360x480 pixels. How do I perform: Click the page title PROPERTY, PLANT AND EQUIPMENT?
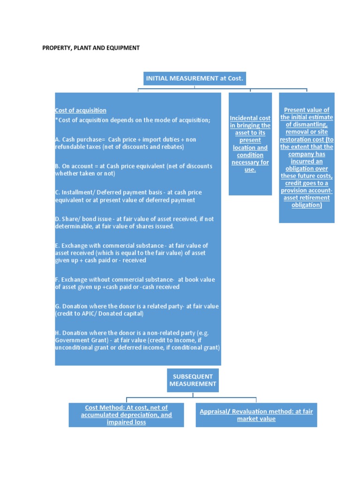[x=91, y=48]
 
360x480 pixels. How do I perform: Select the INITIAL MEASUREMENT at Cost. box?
[x=194, y=79]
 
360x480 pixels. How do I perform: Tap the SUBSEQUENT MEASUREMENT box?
[x=193, y=380]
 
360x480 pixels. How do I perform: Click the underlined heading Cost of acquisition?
[x=81, y=111]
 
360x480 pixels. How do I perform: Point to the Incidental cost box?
[x=250, y=144]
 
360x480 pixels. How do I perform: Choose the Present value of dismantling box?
[x=307, y=157]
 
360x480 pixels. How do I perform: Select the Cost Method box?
[x=126, y=415]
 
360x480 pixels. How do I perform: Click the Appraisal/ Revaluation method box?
[x=256, y=415]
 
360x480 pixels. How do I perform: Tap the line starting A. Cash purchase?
[x=126, y=140]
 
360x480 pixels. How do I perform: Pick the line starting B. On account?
[x=134, y=166]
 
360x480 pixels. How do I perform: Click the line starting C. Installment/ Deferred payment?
[x=128, y=193]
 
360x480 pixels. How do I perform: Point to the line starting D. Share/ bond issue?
[x=134, y=219]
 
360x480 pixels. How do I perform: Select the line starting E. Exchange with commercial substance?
[x=131, y=246]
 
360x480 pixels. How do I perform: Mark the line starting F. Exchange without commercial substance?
[x=135, y=280]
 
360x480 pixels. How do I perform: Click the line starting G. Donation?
[x=137, y=307]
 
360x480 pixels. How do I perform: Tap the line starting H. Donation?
[x=132, y=333]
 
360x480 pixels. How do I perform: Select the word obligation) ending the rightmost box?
[x=307, y=205]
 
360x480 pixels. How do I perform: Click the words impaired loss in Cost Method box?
[x=126, y=422]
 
